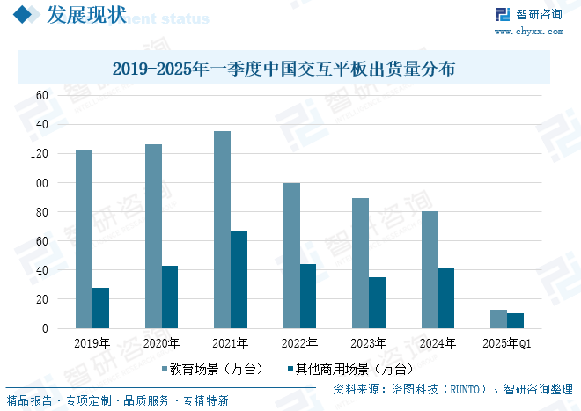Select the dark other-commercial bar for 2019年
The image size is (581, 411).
100,308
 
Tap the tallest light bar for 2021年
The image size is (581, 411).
222,230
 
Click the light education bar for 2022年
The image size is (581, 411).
291,255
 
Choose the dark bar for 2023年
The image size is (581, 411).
377,303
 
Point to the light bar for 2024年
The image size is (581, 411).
430,269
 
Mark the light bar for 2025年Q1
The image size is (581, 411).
498,319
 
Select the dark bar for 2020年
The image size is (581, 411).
170,297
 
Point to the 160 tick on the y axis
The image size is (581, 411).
40,95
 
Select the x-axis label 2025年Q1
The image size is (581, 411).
507,343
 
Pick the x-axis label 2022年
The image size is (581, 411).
299,343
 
